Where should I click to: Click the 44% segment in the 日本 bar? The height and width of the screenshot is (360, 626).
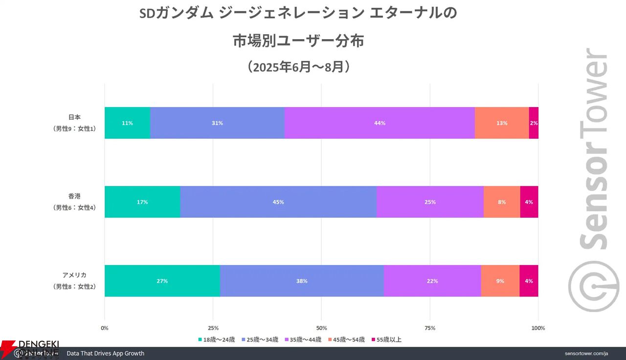pos(380,123)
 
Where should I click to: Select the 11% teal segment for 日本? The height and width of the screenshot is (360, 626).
pos(127,123)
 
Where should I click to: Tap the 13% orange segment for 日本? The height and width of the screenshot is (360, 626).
pos(502,123)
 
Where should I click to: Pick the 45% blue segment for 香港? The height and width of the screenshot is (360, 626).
pos(278,202)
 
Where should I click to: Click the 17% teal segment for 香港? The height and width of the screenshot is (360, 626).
pos(142,202)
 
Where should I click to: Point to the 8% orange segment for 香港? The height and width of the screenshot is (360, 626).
pos(502,202)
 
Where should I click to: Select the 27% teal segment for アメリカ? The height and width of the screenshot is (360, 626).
pos(162,281)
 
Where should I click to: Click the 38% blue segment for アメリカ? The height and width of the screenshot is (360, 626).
pos(302,281)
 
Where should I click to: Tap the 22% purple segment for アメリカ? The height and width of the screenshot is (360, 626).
pos(432,281)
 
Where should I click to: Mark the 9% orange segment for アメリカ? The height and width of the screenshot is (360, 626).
pos(500,281)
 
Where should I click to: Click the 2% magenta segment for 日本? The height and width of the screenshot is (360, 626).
pos(534,123)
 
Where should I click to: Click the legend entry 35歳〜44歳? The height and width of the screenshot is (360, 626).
pos(303,339)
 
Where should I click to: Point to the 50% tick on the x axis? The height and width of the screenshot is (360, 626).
pos(321,328)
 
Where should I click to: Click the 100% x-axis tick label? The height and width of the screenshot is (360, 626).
pos(538,328)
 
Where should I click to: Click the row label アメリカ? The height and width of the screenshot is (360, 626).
pos(74,275)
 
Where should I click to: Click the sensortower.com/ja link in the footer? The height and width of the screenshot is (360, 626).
pos(586,353)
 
